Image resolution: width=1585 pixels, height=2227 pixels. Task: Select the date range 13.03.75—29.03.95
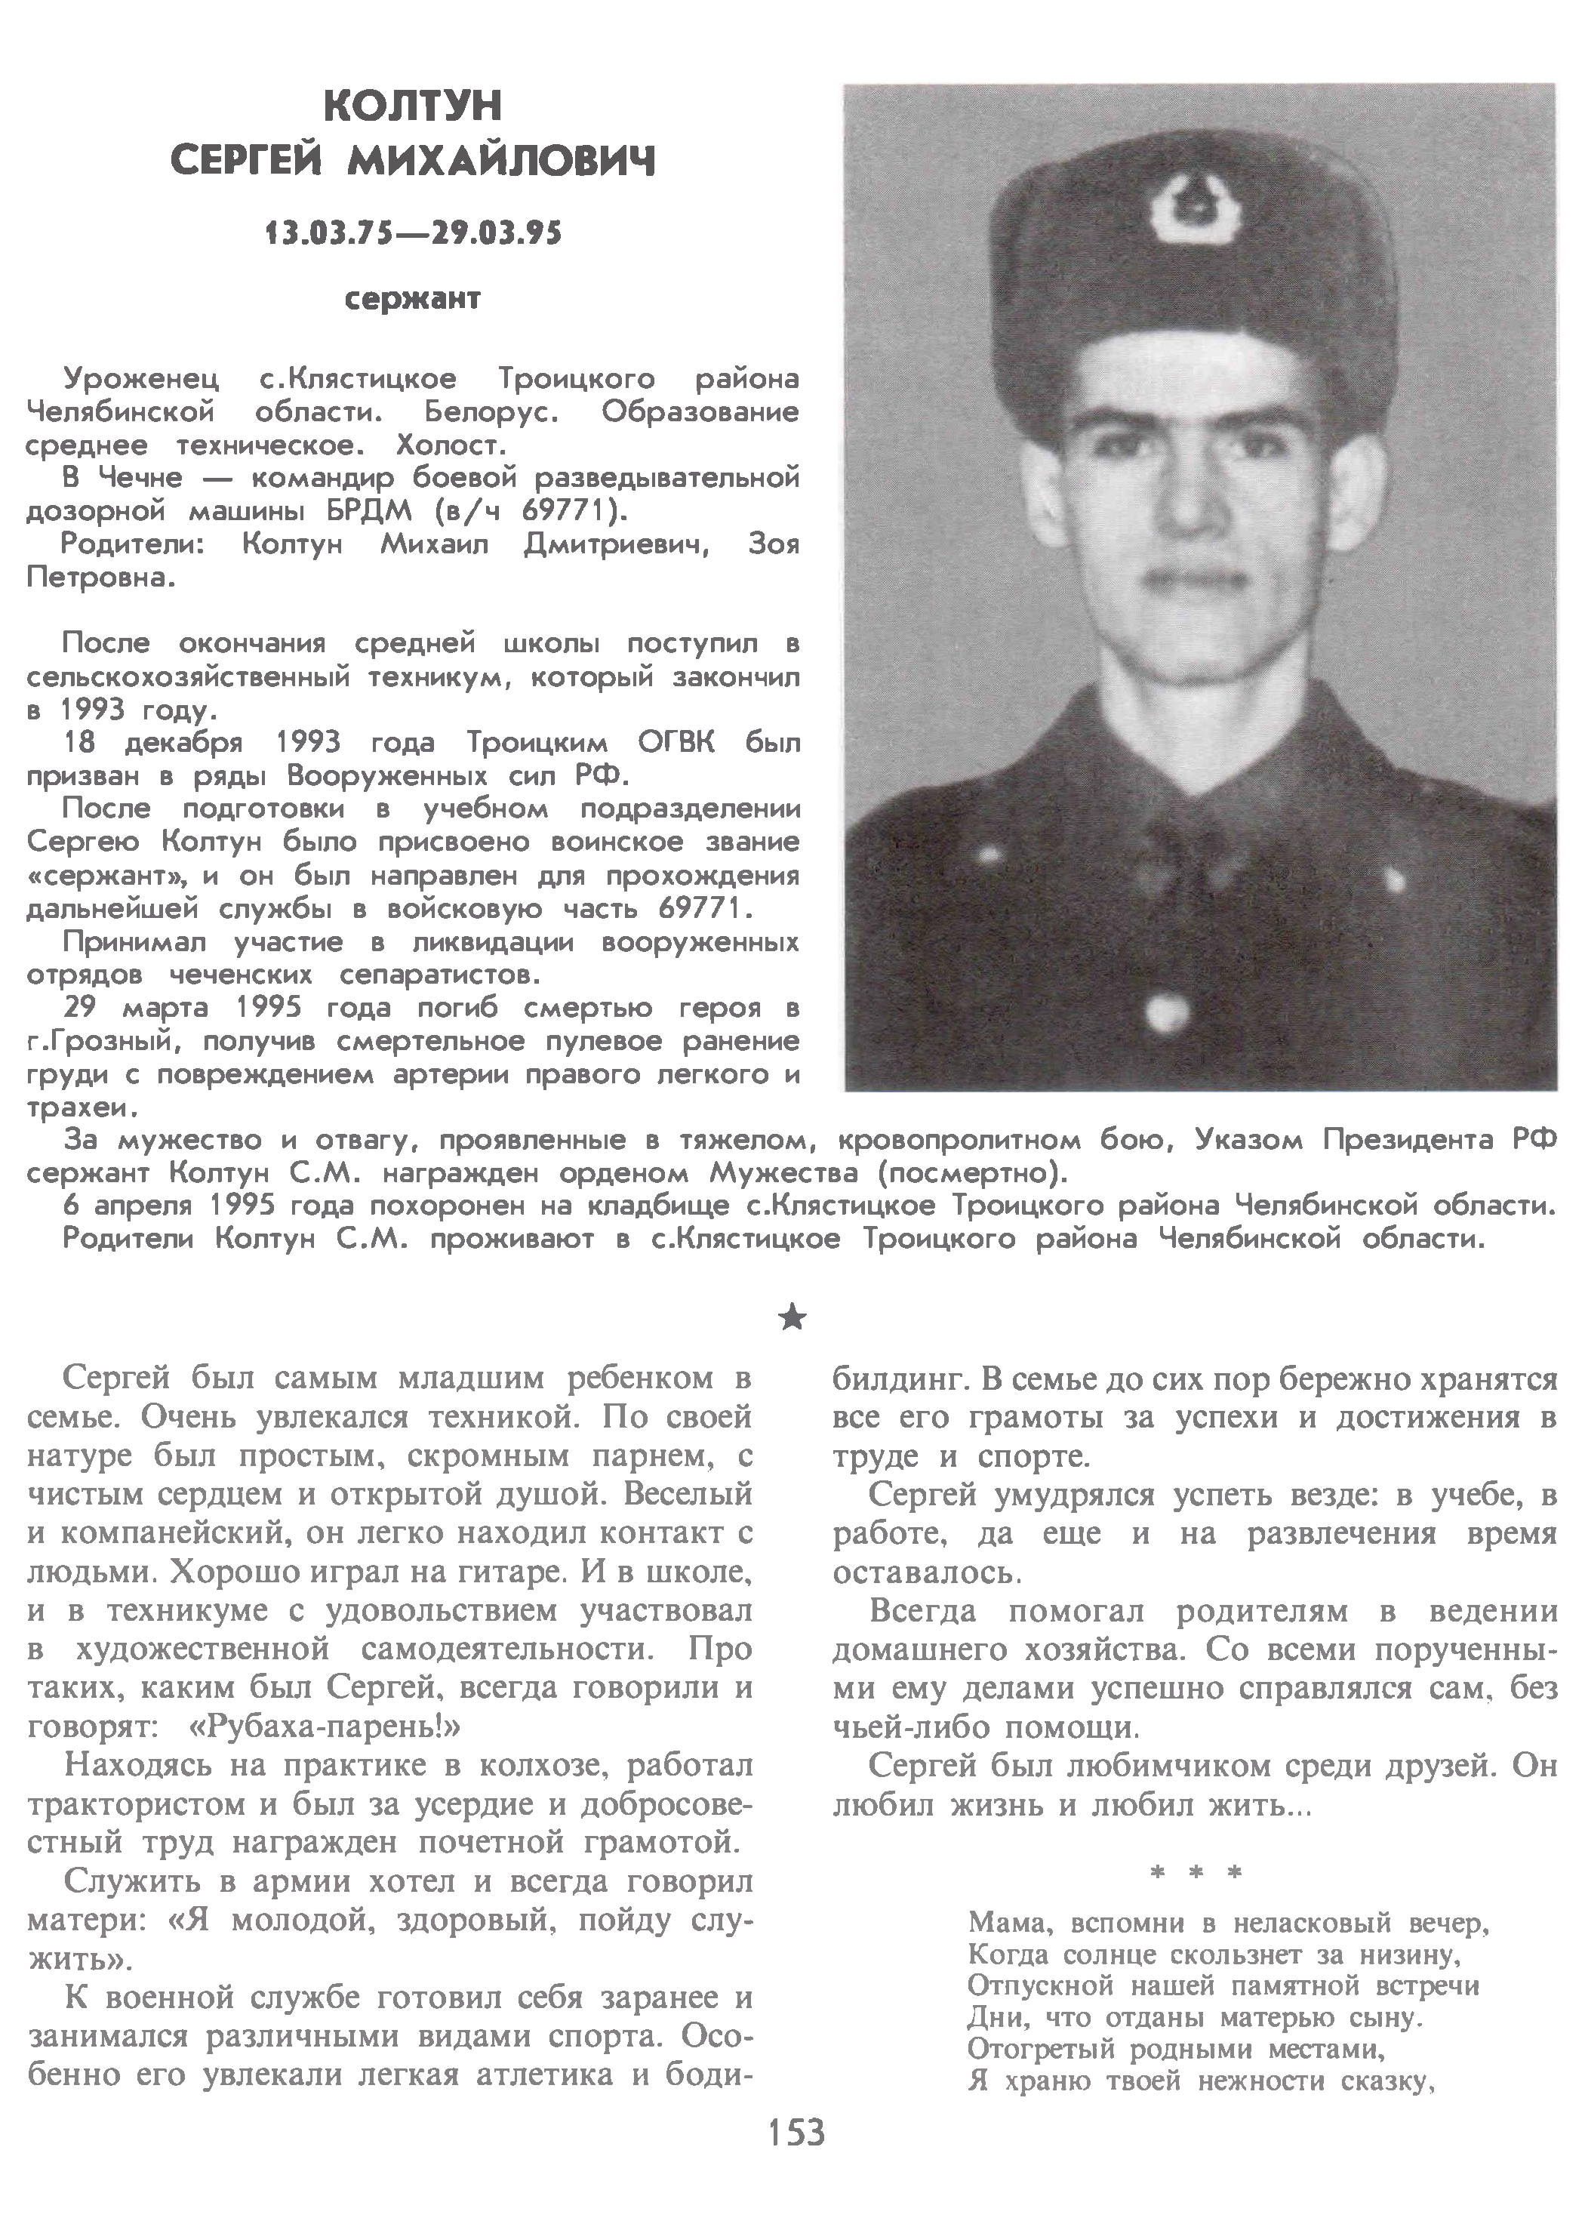[413, 234]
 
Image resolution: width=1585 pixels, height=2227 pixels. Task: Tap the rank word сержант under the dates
[413, 299]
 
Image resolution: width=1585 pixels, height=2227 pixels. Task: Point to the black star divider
[793, 1320]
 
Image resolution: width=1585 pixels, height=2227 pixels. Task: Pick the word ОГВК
[676, 744]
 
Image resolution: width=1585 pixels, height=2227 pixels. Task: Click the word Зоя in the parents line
[773, 544]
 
